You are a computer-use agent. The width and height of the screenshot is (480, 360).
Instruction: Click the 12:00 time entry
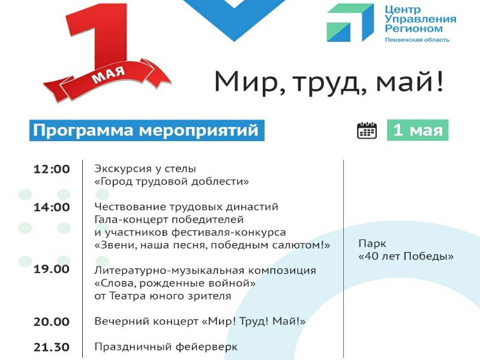[52, 169]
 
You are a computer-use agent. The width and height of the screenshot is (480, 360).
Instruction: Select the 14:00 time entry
[52, 207]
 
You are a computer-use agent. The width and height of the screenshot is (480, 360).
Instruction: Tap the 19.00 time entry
[52, 269]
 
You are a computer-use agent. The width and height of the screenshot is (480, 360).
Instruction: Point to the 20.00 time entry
[52, 322]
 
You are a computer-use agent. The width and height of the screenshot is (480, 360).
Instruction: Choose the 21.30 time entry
[52, 347]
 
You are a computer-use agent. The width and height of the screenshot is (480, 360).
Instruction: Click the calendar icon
[367, 131]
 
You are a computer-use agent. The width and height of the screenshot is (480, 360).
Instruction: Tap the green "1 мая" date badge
[418, 130]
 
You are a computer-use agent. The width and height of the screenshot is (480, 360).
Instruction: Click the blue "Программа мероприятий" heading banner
[146, 130]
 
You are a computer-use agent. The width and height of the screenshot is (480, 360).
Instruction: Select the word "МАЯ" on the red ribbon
[109, 75]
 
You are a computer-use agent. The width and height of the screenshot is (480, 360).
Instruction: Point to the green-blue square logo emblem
[350, 23]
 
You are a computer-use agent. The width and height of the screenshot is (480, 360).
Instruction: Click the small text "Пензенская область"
[417, 40]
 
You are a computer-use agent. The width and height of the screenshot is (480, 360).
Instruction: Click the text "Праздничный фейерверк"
[166, 347]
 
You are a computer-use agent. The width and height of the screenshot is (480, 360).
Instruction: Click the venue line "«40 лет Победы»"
[406, 256]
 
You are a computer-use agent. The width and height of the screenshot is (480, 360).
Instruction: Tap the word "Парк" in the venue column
[372, 244]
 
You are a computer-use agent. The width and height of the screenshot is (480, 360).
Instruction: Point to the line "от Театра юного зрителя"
[163, 296]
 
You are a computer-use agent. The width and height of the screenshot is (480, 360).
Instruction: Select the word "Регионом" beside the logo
[413, 29]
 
